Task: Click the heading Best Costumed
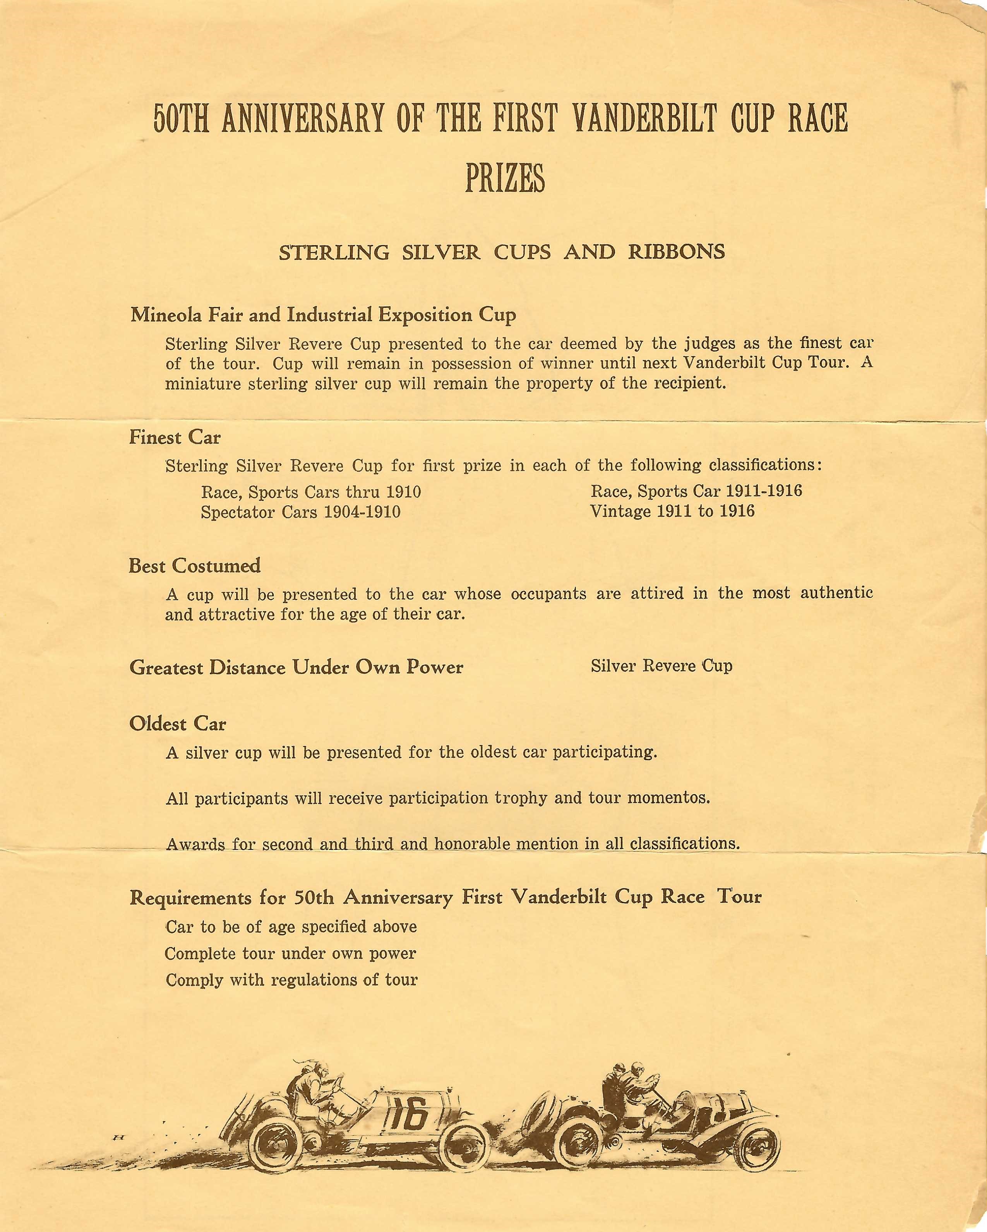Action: click(194, 566)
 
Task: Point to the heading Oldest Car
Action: click(178, 724)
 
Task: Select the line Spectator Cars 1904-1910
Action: click(300, 512)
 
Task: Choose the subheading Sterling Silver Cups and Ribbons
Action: click(502, 252)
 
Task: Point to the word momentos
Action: click(668, 797)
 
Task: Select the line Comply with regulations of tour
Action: click(291, 980)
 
